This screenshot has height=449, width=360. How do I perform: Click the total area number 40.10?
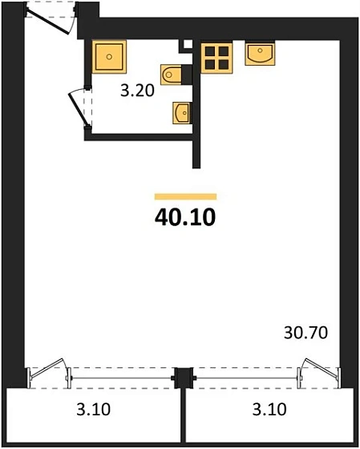coord(185,217)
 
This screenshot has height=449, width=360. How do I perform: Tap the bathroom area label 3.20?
coord(137,91)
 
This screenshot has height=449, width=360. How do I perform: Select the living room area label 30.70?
coord(305,333)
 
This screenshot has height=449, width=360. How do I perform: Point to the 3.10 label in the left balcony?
coord(93,409)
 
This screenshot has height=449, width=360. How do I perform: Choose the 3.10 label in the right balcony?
coord(269,409)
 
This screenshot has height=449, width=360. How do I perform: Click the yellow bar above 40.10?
coord(185,196)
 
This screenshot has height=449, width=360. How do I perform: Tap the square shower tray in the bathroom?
coord(109,57)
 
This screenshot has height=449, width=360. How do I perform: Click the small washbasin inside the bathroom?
coord(181,113)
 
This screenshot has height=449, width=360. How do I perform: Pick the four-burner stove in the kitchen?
coord(216,58)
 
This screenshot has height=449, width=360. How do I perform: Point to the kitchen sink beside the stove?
coord(260,55)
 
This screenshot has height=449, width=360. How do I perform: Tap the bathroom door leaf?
coord(77,109)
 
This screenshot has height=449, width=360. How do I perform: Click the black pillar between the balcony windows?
coord(184,378)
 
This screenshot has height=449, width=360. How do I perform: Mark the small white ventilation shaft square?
coord(188,44)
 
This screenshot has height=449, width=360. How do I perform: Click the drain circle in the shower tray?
coord(109,57)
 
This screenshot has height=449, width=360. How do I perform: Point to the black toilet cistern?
coord(187,75)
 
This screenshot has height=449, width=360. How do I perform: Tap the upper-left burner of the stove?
coord(210,51)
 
